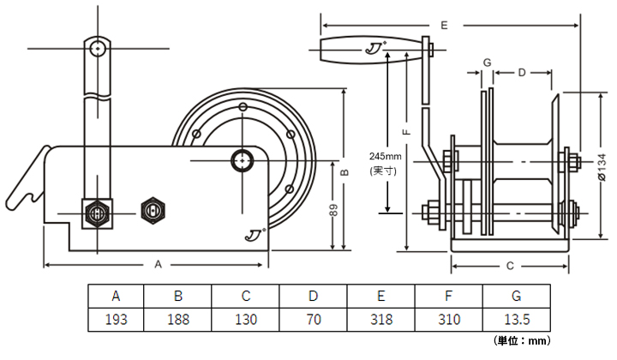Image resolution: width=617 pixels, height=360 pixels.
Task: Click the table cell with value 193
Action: coord(116,320)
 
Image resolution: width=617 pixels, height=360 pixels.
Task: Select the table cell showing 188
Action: coord(177,320)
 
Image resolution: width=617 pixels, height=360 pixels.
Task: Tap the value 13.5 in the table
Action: coord(516,320)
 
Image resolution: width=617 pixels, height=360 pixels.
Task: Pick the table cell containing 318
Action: coord(380,320)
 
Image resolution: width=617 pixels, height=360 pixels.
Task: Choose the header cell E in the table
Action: coord(380,297)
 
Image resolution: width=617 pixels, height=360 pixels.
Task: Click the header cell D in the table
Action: coord(313,297)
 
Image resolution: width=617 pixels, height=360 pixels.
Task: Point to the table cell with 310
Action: coord(448,320)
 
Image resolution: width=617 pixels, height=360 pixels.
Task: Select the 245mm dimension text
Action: coord(385,157)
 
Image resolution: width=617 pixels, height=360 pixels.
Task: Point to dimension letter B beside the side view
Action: coord(344,171)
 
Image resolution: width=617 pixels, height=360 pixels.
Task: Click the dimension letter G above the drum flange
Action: coord(486,63)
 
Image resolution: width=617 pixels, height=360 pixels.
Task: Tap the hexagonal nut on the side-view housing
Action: coord(153,208)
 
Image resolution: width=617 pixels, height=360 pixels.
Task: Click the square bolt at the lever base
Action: coord(96,212)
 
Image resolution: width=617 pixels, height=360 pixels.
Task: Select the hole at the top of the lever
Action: coord(99,47)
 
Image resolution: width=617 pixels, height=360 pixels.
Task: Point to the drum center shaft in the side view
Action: coord(243,159)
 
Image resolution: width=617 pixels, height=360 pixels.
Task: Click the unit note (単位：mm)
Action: coord(522,340)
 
